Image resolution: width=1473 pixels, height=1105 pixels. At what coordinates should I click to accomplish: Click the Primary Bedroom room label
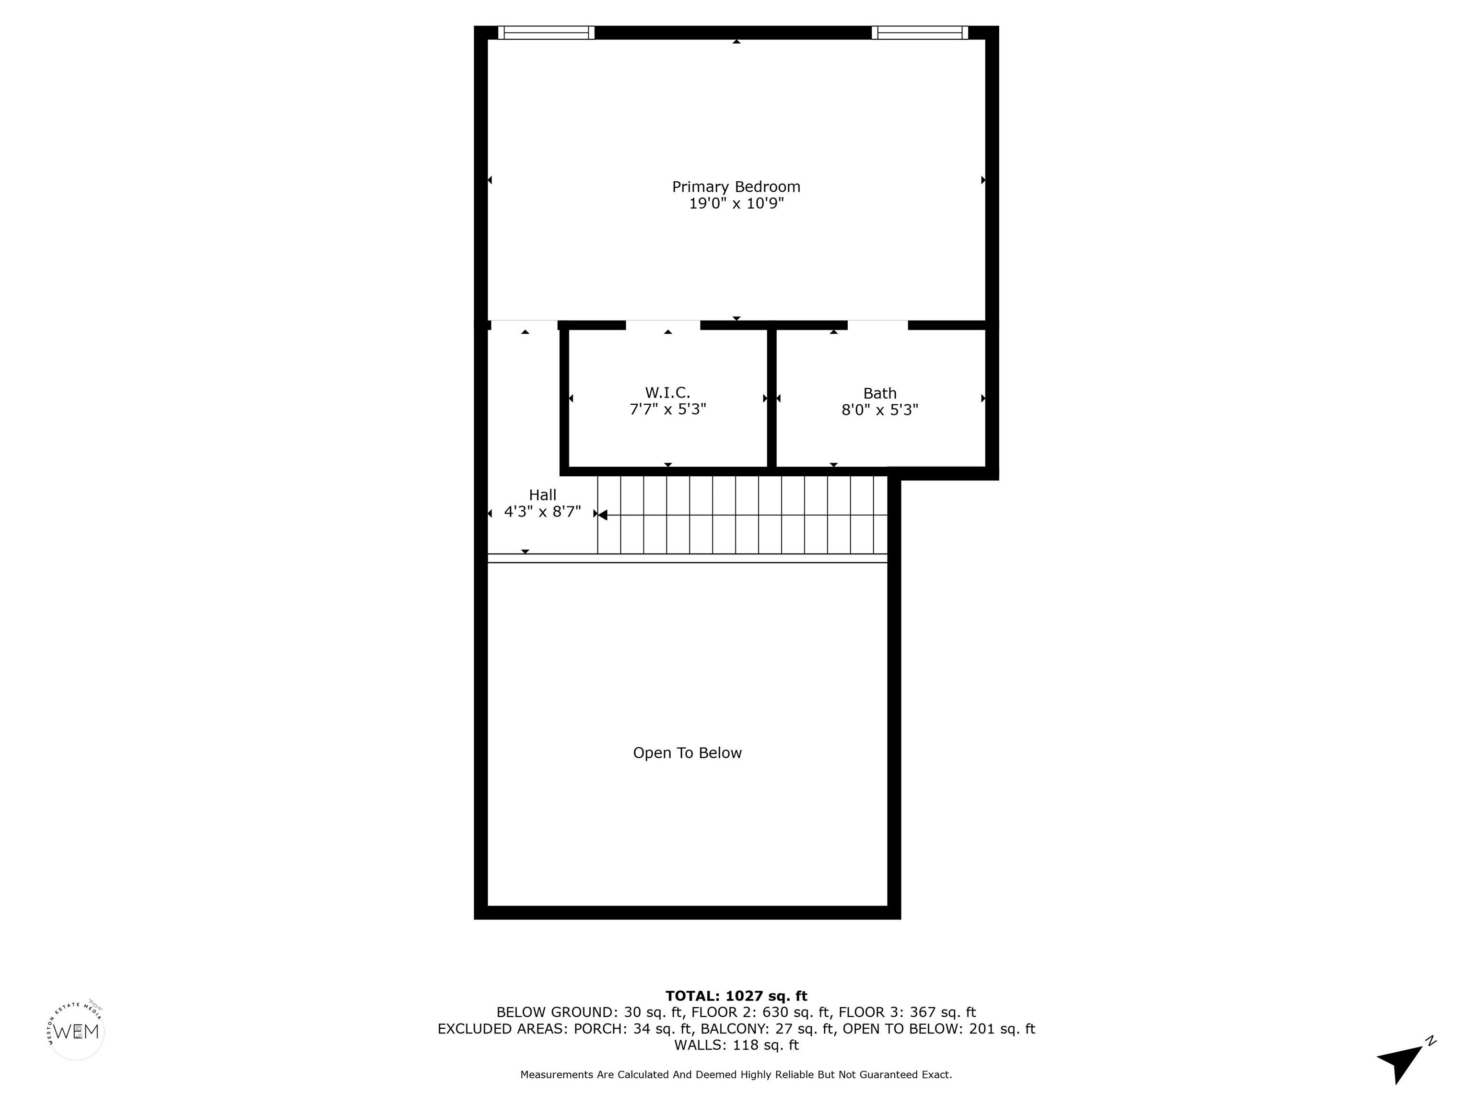click(736, 187)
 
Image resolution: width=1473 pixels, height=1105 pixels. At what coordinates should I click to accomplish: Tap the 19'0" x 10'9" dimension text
click(736, 204)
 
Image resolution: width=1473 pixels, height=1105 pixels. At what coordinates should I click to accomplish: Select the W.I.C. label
click(667, 393)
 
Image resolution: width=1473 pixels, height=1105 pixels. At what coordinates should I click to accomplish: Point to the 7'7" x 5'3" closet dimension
click(667, 409)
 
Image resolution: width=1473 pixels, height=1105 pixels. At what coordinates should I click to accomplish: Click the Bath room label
click(880, 394)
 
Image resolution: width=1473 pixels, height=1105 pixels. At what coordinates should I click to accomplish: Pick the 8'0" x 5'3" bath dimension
click(880, 410)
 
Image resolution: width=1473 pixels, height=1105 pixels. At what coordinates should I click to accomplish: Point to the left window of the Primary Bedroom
click(546, 33)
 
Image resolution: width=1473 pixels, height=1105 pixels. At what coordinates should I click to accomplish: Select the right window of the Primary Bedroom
click(920, 33)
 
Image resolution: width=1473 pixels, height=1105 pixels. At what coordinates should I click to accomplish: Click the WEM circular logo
click(77, 1031)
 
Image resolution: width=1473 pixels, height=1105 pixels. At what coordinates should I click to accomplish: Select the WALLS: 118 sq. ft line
click(736, 1045)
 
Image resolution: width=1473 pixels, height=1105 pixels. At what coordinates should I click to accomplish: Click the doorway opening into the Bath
click(877, 325)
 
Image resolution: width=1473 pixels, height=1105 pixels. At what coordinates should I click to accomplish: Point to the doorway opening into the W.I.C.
click(663, 325)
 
